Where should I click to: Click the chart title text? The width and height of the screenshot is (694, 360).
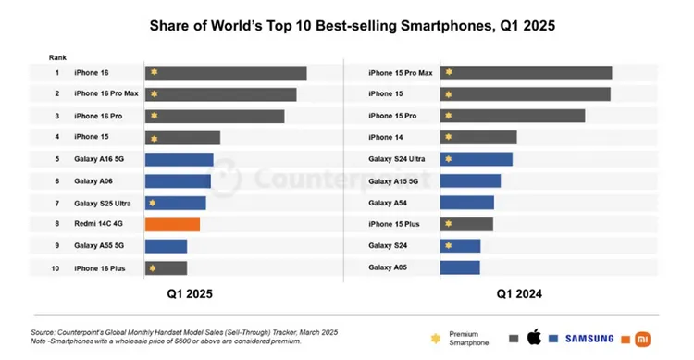tap(347, 25)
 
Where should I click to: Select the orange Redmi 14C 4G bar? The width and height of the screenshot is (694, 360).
tap(172, 224)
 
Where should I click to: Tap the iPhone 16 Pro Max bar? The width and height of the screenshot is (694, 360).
tap(220, 94)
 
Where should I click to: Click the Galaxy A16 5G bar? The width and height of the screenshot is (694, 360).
tap(179, 159)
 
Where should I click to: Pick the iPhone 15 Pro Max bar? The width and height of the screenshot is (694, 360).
tap(526, 72)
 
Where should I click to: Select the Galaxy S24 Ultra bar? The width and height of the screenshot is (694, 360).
tap(476, 159)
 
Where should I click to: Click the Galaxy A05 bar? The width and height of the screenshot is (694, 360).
tap(460, 267)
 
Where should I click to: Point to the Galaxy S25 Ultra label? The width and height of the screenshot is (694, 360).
tap(101, 203)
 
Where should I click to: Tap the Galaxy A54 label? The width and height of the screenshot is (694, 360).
tap(388, 203)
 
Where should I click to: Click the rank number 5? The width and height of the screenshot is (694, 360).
tap(56, 159)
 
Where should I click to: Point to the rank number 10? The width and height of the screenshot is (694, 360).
tap(56, 267)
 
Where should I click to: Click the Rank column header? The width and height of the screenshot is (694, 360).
tap(57, 56)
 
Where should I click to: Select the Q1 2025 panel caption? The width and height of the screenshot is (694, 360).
tap(189, 294)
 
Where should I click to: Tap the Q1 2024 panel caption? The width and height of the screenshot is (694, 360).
tap(519, 294)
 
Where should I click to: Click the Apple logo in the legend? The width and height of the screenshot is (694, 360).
tap(533, 337)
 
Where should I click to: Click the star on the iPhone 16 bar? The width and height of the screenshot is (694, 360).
tap(155, 72)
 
